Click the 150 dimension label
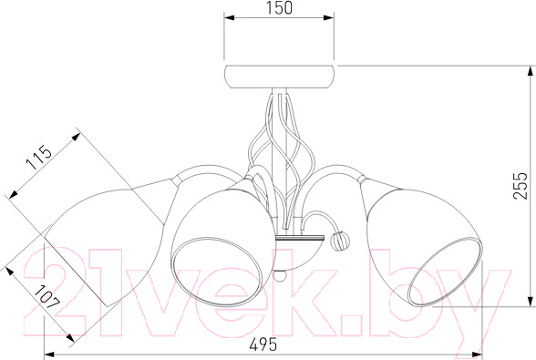pyautogui.click(x=279, y=8)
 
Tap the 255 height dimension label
pyautogui.click(x=521, y=185)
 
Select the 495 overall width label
pyautogui.click(x=263, y=345)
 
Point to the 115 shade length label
pyautogui.click(x=40, y=158)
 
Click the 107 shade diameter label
pyautogui.click(x=47, y=297)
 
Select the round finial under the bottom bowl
pyautogui.click(x=280, y=276)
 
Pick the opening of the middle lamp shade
pyautogui.click(x=218, y=272)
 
